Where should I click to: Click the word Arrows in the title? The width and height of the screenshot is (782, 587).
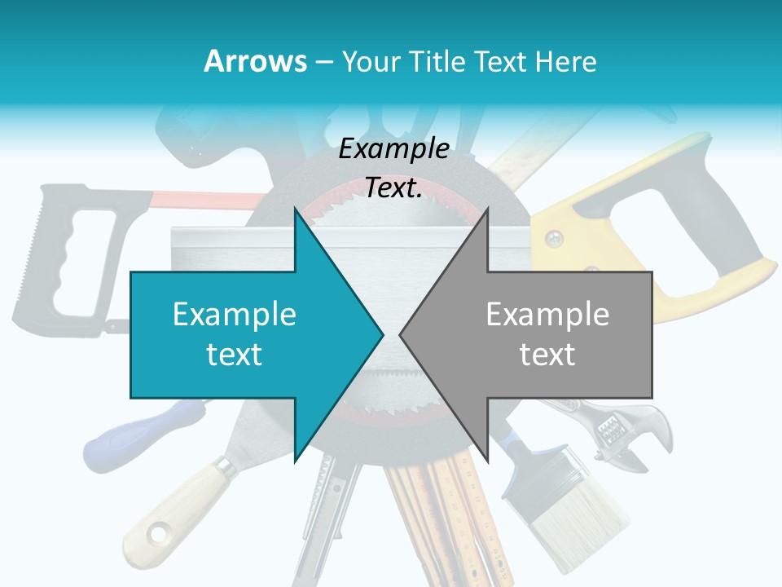255,61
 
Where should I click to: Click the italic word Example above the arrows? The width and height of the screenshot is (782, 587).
393,148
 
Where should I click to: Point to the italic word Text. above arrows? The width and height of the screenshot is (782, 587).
393,188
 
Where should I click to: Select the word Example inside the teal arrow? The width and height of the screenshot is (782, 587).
235,315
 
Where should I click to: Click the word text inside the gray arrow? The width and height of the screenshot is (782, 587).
547,355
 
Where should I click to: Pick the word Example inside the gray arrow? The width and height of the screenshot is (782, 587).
547,315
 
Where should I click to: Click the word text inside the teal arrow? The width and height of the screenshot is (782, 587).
235,355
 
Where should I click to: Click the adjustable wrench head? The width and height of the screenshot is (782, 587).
619,428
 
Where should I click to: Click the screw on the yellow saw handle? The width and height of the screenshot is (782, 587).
555,239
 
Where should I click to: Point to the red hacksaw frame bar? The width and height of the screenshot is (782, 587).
204,198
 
